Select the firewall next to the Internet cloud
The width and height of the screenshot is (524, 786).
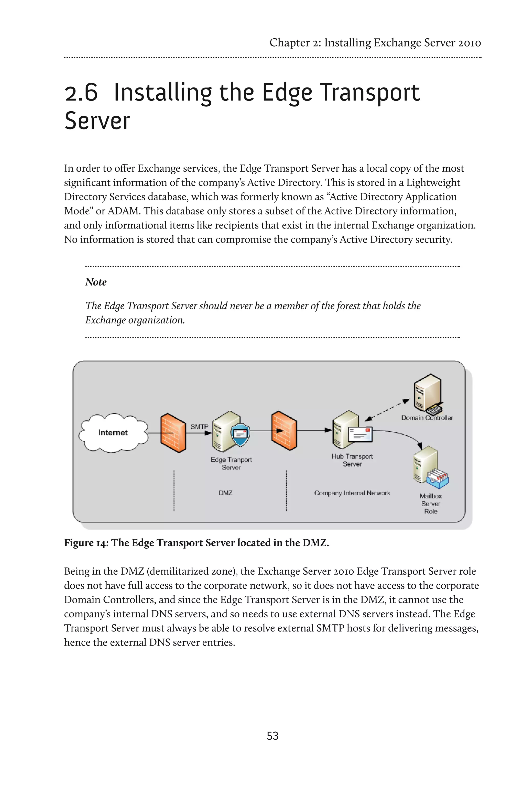173,433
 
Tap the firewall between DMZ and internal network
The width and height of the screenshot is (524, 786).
284,431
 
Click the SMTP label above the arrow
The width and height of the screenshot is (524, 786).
199,427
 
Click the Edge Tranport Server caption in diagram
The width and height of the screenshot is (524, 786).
231,463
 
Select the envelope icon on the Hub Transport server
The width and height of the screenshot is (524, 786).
360,434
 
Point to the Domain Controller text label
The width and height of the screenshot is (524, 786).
427,418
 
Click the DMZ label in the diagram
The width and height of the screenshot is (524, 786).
225,493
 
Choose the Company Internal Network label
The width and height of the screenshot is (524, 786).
352,493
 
